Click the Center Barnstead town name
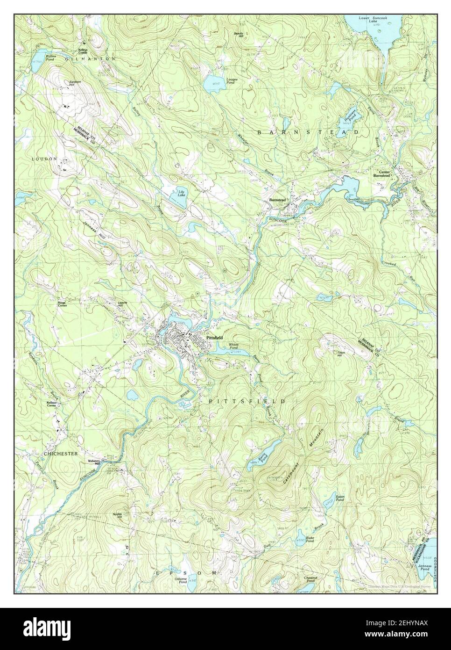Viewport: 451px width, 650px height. pos(381,173)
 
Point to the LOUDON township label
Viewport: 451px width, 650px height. pos(44,159)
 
